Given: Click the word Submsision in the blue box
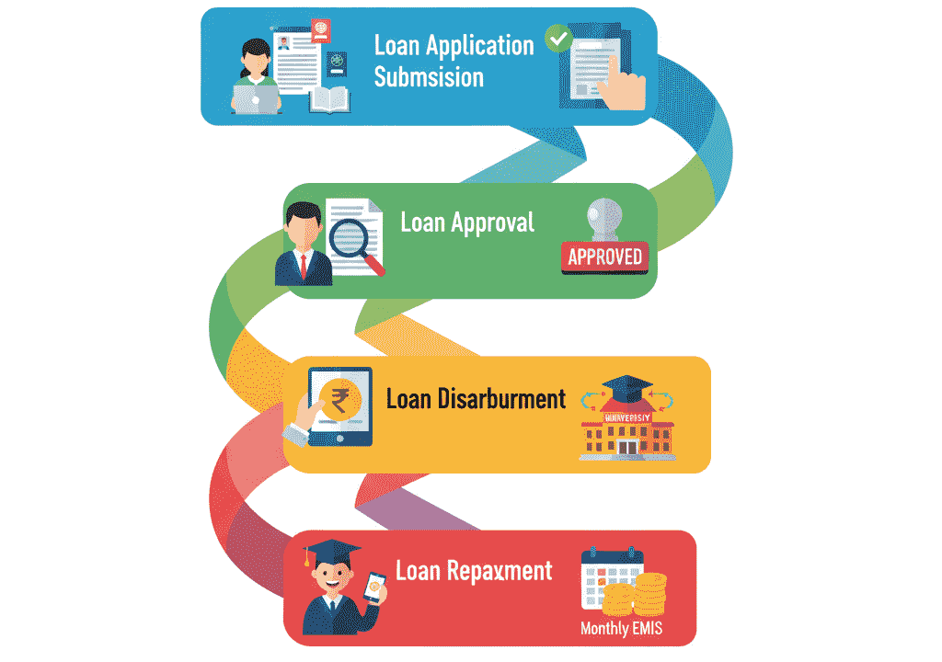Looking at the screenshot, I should (429, 78).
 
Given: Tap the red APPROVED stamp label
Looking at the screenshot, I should (604, 257).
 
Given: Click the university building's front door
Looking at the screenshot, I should (626, 448).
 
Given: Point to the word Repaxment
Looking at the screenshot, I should (500, 571).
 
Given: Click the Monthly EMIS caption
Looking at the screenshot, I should (621, 630).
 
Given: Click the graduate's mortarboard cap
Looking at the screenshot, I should (332, 553).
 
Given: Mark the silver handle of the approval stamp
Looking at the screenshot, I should (604, 218).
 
